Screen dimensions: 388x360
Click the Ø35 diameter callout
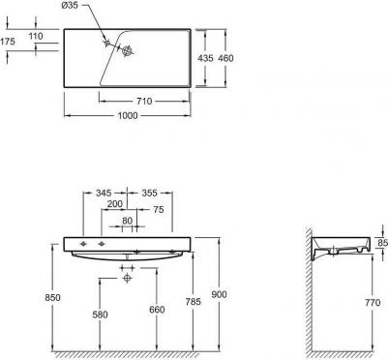(x=70, y=6)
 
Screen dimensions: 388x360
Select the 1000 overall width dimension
(x=128, y=115)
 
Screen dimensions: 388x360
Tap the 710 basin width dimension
(x=144, y=102)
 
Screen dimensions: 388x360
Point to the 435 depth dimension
(x=205, y=58)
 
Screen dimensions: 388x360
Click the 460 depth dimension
(x=225, y=58)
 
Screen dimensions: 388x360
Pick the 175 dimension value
(x=8, y=42)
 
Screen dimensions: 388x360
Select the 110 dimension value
(x=36, y=36)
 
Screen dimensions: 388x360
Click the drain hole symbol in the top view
(x=128, y=51)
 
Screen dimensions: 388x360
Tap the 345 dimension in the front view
(x=104, y=193)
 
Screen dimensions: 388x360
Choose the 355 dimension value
(x=150, y=193)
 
